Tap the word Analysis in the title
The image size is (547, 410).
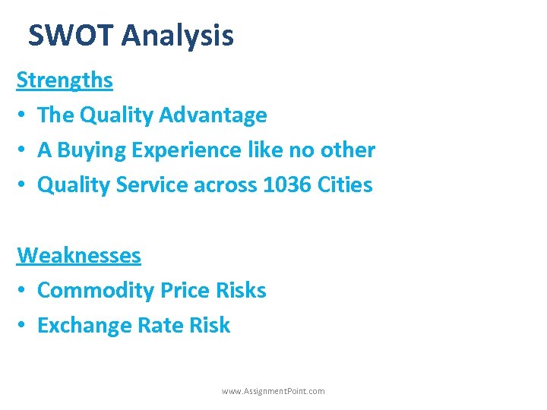coord(177,36)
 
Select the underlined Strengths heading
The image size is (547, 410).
coord(65,80)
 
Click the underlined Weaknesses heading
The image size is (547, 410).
coord(79,255)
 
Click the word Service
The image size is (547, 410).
coord(149,184)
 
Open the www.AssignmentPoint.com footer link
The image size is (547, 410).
coord(273,391)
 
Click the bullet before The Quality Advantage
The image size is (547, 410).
coord(22,115)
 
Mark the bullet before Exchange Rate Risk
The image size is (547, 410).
coord(22,326)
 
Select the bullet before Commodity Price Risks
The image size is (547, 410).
coord(22,291)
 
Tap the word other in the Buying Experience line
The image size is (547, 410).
coord(349,150)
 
